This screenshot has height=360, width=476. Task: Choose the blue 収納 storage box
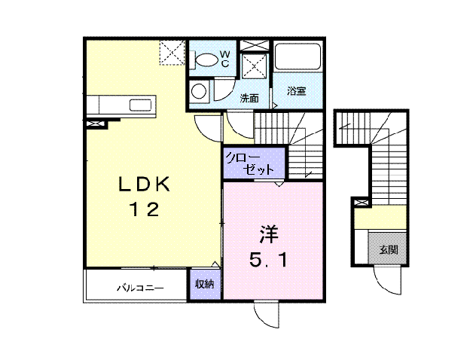(x=204, y=285)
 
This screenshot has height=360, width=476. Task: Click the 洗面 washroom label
(x=249, y=98)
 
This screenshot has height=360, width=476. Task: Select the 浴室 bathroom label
(x=295, y=91)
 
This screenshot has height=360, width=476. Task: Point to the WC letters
(x=224, y=58)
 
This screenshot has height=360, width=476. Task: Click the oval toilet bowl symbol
(x=204, y=59)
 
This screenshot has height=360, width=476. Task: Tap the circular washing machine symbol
(x=199, y=93)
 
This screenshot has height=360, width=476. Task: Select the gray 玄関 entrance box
(x=387, y=249)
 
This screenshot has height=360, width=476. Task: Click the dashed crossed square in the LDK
(x=171, y=53)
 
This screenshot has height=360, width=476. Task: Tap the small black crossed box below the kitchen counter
(x=95, y=121)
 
